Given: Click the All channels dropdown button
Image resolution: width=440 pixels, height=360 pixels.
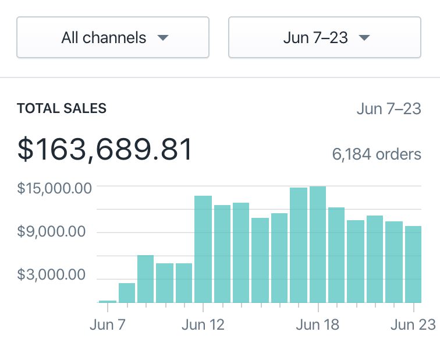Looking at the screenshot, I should pos(112,37).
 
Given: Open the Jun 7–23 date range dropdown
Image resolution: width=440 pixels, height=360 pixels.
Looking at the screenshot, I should pos(324,37).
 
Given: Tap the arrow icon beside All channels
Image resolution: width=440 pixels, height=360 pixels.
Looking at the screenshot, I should pos(163,38).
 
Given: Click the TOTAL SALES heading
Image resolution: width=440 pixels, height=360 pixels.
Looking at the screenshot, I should pos(62,108).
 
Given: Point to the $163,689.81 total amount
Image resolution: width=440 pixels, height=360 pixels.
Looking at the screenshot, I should pos(105,150).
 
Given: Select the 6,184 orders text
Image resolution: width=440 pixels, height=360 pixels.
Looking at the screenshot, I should pos(376,154).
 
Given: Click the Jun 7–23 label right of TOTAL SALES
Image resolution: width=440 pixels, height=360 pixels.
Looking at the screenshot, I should pos(388,109).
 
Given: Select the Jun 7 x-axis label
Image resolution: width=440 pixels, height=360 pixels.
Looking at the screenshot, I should pos(108,324).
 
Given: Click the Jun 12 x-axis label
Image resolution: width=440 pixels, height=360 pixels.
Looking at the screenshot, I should pos(203,324).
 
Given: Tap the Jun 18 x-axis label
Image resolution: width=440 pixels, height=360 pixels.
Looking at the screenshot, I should pos(317,324).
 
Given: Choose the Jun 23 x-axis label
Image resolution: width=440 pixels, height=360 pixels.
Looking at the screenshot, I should pos(413,324).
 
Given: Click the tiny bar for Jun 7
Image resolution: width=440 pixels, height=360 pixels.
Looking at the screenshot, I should pos(108,301).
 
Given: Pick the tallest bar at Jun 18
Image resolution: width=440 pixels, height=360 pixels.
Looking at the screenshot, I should pos(318,245).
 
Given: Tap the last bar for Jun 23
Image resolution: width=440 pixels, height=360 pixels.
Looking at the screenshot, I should pos(413,264).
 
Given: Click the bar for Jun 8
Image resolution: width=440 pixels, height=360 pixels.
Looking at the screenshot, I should pos(127,292).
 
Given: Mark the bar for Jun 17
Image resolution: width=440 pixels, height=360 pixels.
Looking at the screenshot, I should pos(299,245).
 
